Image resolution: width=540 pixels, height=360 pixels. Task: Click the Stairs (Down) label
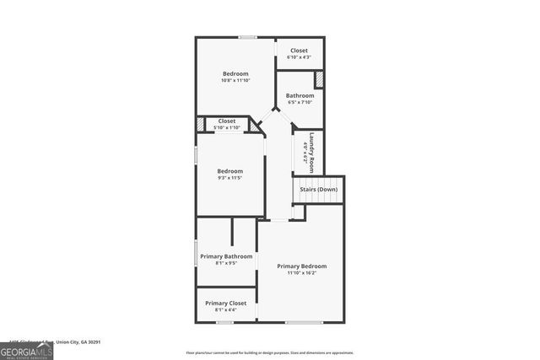coord(320,190)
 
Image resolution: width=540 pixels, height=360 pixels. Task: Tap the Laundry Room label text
coord(311,152)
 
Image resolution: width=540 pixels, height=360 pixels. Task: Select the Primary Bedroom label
coord(302,266)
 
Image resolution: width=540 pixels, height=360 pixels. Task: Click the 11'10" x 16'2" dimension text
coord(302,273)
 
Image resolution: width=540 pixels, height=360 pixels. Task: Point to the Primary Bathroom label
coord(227,255)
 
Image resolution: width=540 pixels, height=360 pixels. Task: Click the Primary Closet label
coord(226,303)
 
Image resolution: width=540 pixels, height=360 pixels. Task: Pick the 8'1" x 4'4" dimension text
coord(226,309)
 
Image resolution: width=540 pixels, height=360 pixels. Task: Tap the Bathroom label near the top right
coord(300,95)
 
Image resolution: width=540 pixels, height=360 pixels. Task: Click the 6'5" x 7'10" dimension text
coord(300,102)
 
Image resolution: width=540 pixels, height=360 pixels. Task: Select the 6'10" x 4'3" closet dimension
coord(300,57)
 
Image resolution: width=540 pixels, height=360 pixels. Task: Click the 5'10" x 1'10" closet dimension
coord(227,127)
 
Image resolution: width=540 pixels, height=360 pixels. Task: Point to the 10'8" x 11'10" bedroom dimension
coord(235,81)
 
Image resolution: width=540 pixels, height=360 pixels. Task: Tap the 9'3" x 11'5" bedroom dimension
coord(229,178)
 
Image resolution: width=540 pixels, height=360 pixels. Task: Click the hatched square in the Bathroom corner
coord(320,79)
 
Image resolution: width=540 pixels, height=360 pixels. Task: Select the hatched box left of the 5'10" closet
coord(200,125)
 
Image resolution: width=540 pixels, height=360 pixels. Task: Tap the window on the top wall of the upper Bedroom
coord(247,37)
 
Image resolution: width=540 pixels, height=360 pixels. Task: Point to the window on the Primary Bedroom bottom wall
coord(298,322)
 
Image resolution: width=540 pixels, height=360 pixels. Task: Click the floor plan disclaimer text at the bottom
coord(270,352)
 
